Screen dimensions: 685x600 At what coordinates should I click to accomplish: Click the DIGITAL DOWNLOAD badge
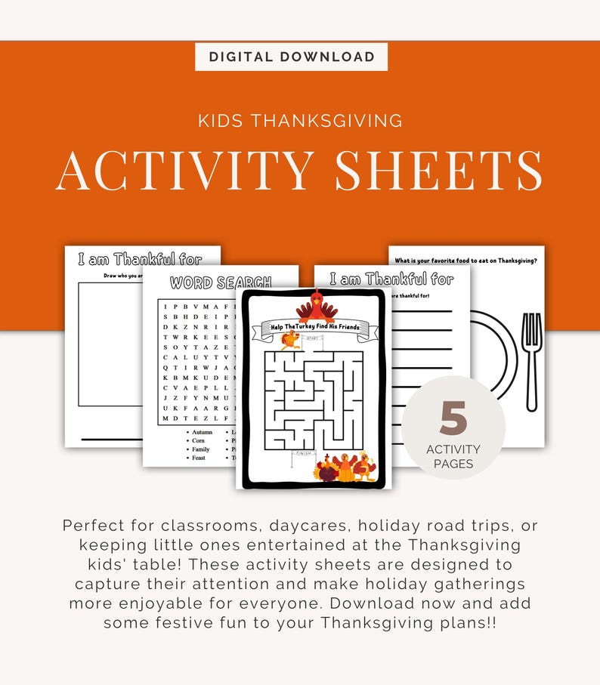tap(291, 57)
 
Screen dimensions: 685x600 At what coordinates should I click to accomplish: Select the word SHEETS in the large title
tap(438, 170)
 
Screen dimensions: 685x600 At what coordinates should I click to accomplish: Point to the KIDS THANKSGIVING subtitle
tap(299, 120)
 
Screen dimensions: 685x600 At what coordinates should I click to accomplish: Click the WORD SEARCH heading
tap(220, 283)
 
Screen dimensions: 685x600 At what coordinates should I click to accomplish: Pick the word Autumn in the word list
tap(202, 432)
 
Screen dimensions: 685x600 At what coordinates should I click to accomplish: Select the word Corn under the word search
tap(198, 440)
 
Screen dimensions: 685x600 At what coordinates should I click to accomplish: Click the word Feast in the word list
tap(199, 458)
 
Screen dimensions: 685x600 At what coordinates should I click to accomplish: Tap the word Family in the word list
tap(201, 449)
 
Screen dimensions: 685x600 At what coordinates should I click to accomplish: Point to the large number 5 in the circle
tap(453, 420)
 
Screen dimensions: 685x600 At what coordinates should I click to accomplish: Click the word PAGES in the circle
tap(453, 464)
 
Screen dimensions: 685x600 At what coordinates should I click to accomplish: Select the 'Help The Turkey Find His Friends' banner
tap(315, 327)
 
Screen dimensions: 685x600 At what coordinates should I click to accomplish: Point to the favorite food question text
tap(466, 260)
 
